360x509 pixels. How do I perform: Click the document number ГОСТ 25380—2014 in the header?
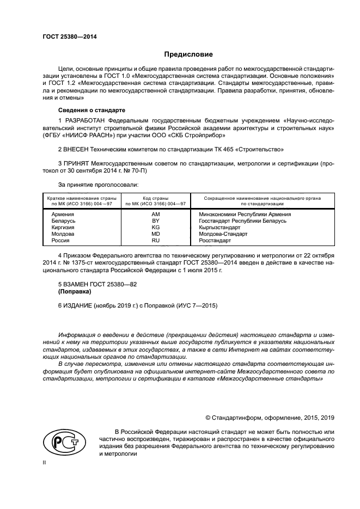click(65, 37)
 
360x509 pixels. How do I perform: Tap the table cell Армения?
click(63, 214)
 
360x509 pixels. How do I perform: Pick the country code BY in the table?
click(155, 220)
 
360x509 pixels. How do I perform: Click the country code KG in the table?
click(155, 227)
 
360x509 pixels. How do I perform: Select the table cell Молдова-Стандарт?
click(223, 234)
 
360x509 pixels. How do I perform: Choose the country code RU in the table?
click(155, 240)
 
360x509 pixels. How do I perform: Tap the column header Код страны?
click(155, 198)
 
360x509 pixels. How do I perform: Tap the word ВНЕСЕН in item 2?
click(76, 149)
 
